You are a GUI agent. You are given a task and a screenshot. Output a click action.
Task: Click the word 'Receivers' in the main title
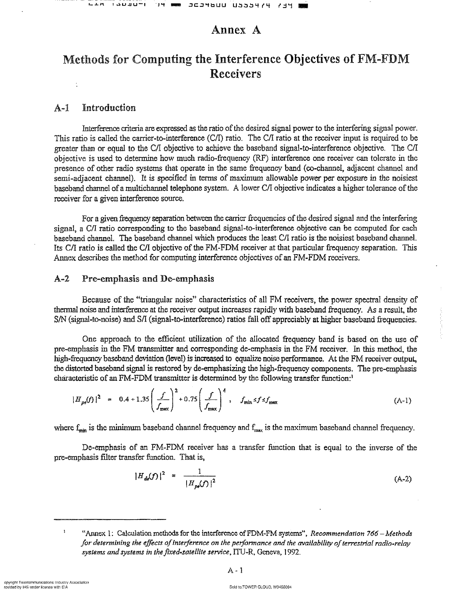coord(235,74)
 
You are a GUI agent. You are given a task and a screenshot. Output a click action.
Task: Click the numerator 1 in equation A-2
coord(200,471)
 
